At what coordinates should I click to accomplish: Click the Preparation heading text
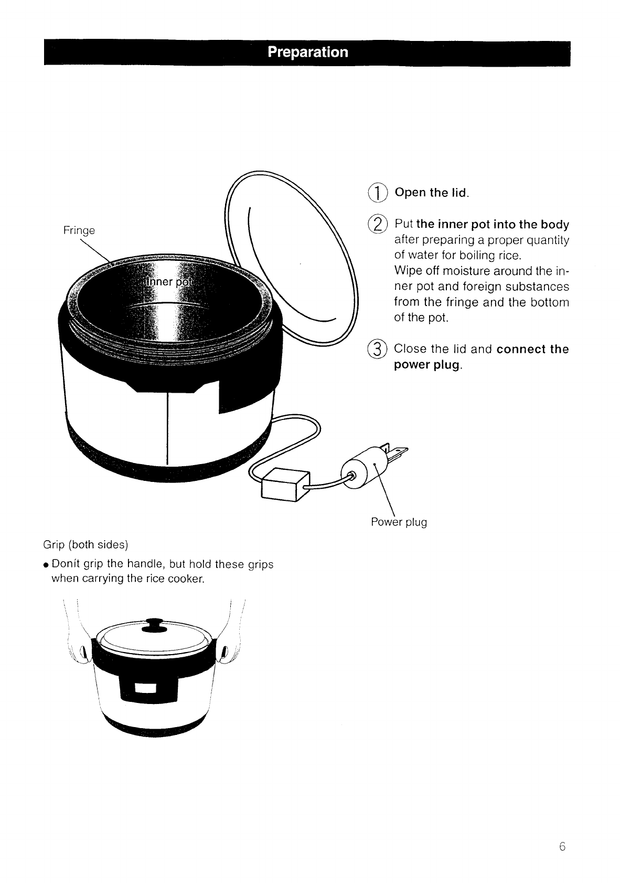tap(307, 52)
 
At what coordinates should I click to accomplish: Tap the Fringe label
tap(79, 230)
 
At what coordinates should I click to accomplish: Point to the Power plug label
tap(399, 522)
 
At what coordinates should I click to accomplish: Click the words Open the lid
tap(431, 193)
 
